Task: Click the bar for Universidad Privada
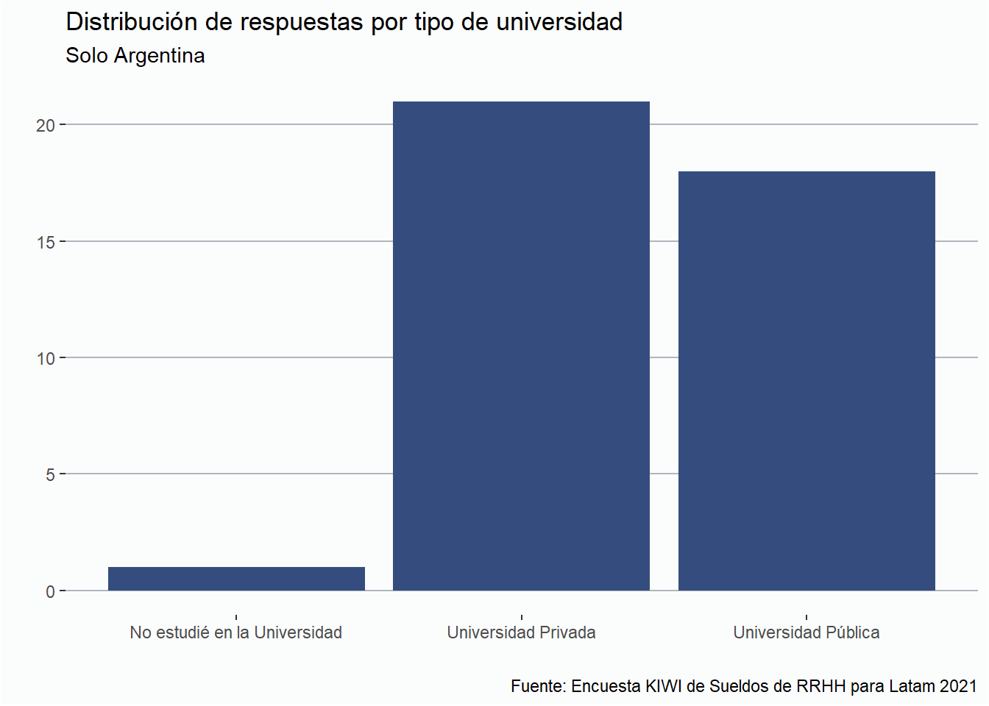click(521, 346)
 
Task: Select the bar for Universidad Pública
click(807, 380)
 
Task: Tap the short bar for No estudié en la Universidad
click(236, 579)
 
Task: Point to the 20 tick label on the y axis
click(46, 126)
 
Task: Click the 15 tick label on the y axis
click(46, 242)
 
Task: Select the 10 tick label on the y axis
click(46, 359)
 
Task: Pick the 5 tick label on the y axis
click(50, 475)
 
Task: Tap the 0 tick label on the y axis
click(50, 591)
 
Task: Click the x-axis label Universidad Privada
click(521, 632)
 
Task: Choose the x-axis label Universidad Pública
click(807, 632)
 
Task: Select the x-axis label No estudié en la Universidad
click(236, 632)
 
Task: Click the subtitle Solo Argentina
click(135, 56)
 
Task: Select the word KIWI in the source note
click(664, 686)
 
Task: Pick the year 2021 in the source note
click(957, 686)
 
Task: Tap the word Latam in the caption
click(911, 686)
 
